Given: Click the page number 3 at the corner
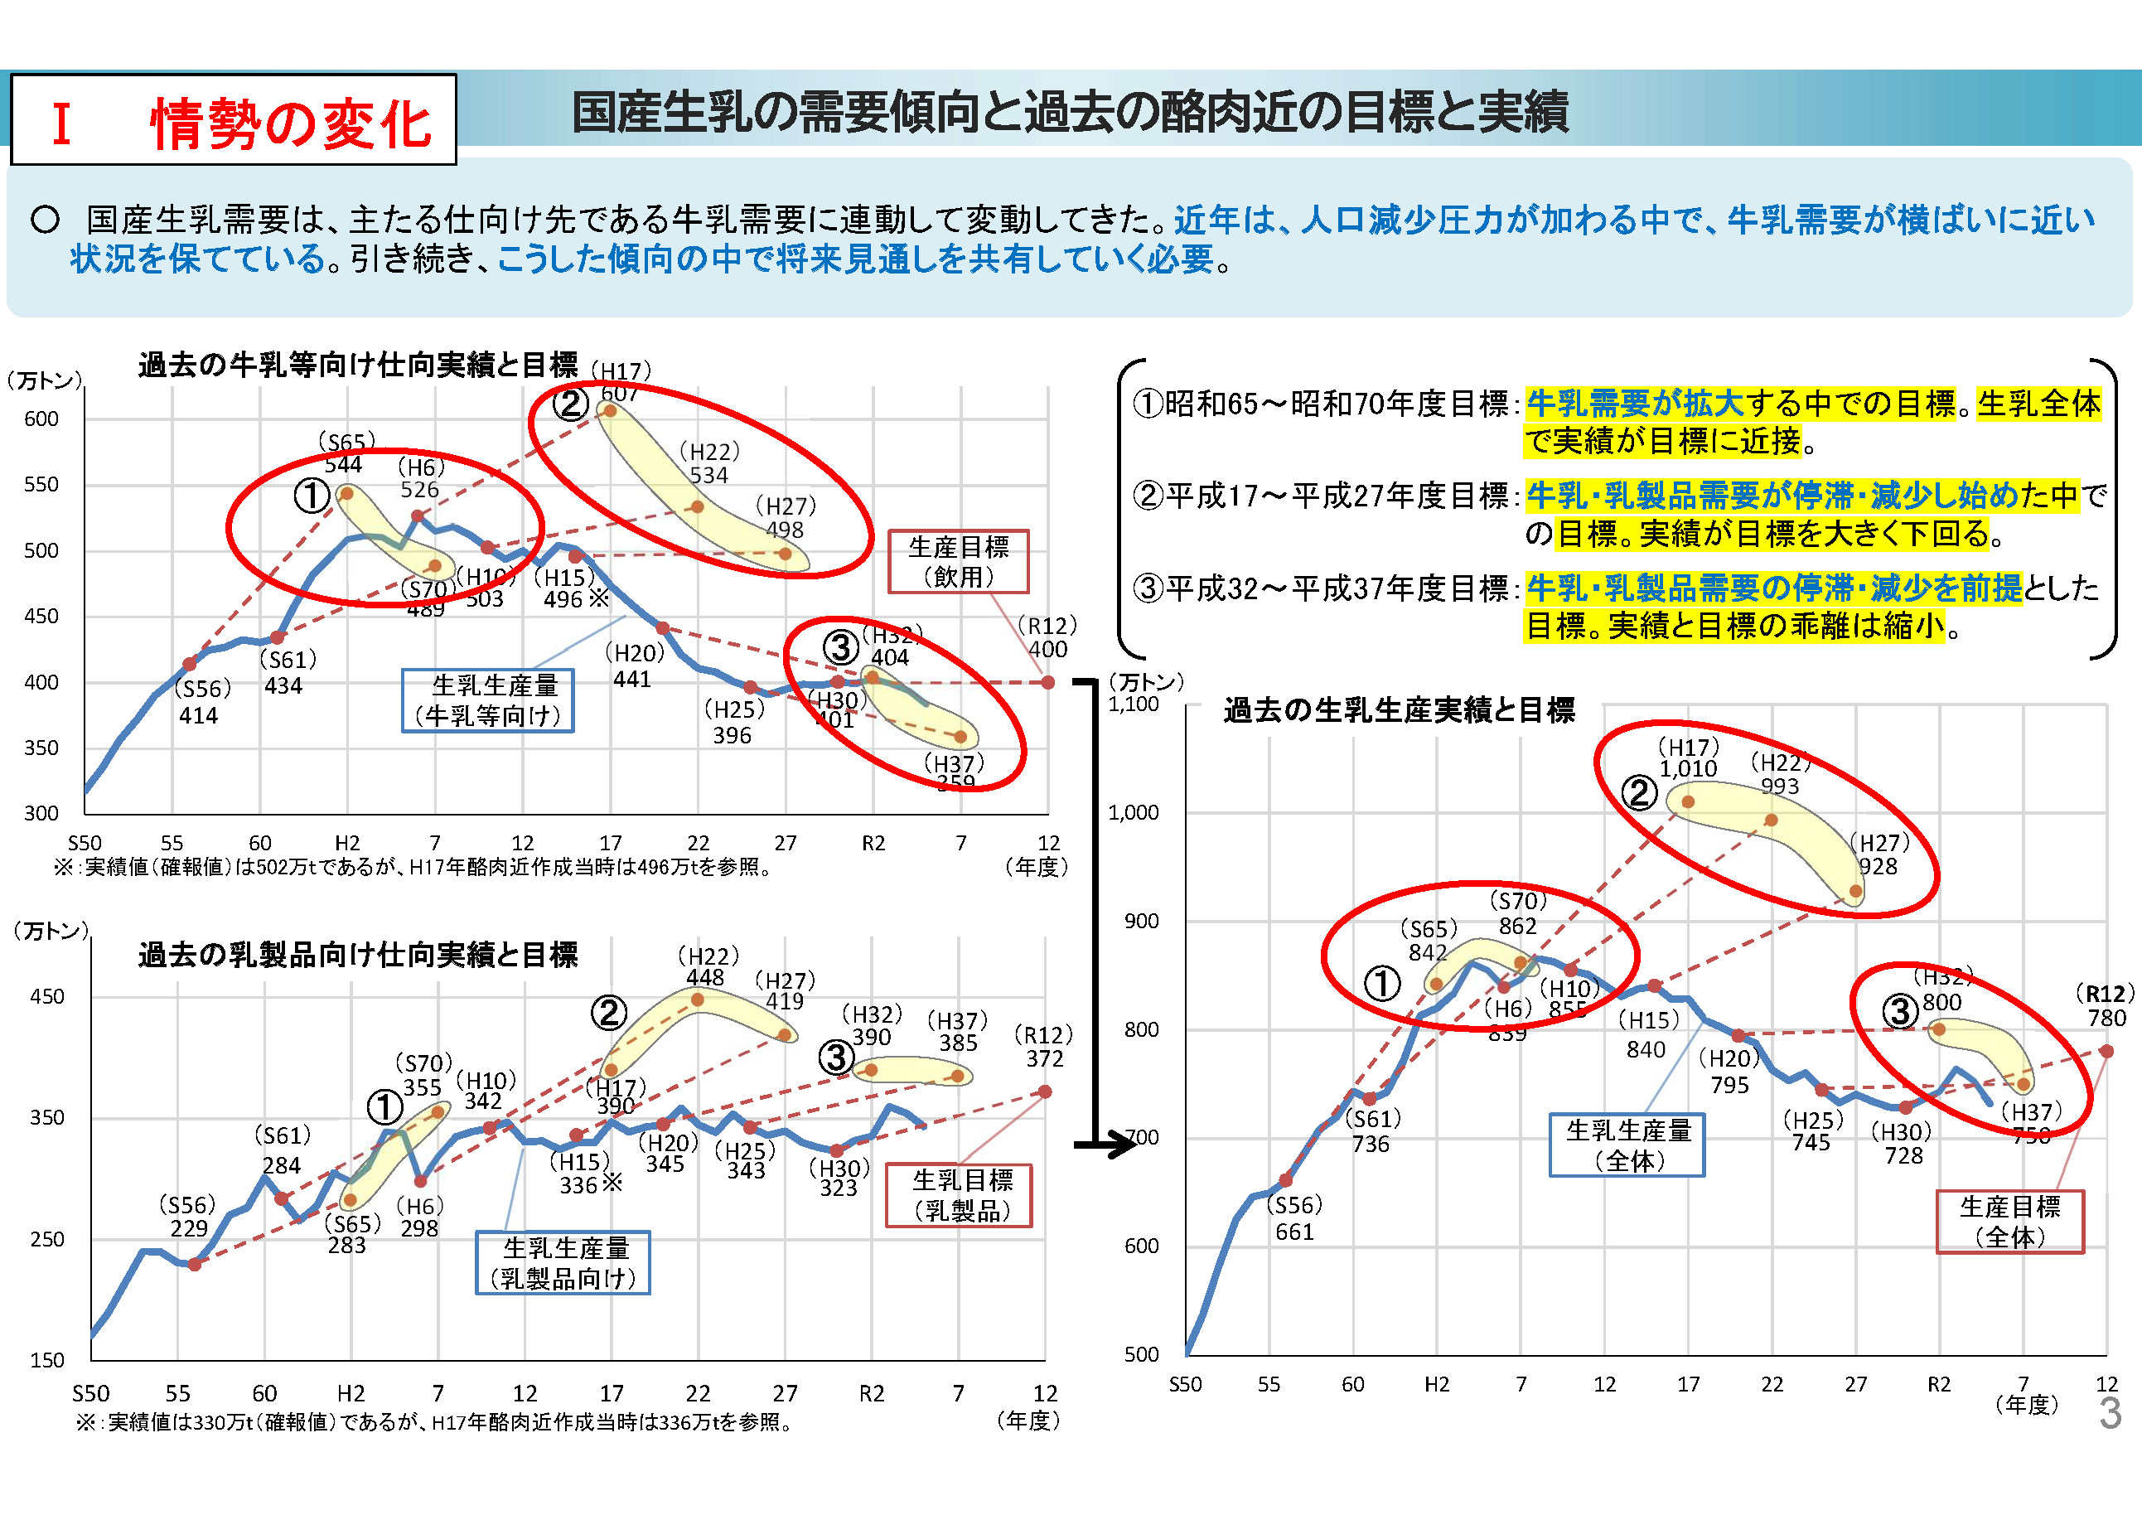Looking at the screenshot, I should pyautogui.click(x=2110, y=1413).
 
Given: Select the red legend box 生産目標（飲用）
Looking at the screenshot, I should pyautogui.click(x=958, y=562).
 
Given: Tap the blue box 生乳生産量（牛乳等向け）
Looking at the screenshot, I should pyautogui.click(x=487, y=700).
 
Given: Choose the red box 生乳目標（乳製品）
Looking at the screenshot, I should pyautogui.click(x=959, y=1195).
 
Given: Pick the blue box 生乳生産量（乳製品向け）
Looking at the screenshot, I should pyautogui.click(x=563, y=1263).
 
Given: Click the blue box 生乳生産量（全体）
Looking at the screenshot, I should pyautogui.click(x=1627, y=1145).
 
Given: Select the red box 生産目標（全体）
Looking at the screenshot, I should pyautogui.click(x=2009, y=1221).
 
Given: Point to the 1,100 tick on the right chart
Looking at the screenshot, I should pyautogui.click(x=1133, y=704).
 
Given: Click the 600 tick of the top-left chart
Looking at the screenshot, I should pyautogui.click(x=41, y=419).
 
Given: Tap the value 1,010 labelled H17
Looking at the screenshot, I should pyautogui.click(x=1688, y=769).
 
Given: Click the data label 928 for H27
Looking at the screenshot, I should pyautogui.click(x=1878, y=866).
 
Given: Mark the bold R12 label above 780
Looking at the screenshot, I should pyautogui.click(x=2105, y=994).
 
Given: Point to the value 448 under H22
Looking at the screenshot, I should pyautogui.click(x=705, y=977).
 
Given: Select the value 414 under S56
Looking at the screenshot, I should pyautogui.click(x=198, y=715).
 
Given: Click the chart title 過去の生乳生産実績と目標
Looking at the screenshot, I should pyautogui.click(x=1399, y=711).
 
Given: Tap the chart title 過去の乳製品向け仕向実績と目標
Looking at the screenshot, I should pyautogui.click(x=358, y=956).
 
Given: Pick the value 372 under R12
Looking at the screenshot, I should pyautogui.click(x=1045, y=1059).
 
